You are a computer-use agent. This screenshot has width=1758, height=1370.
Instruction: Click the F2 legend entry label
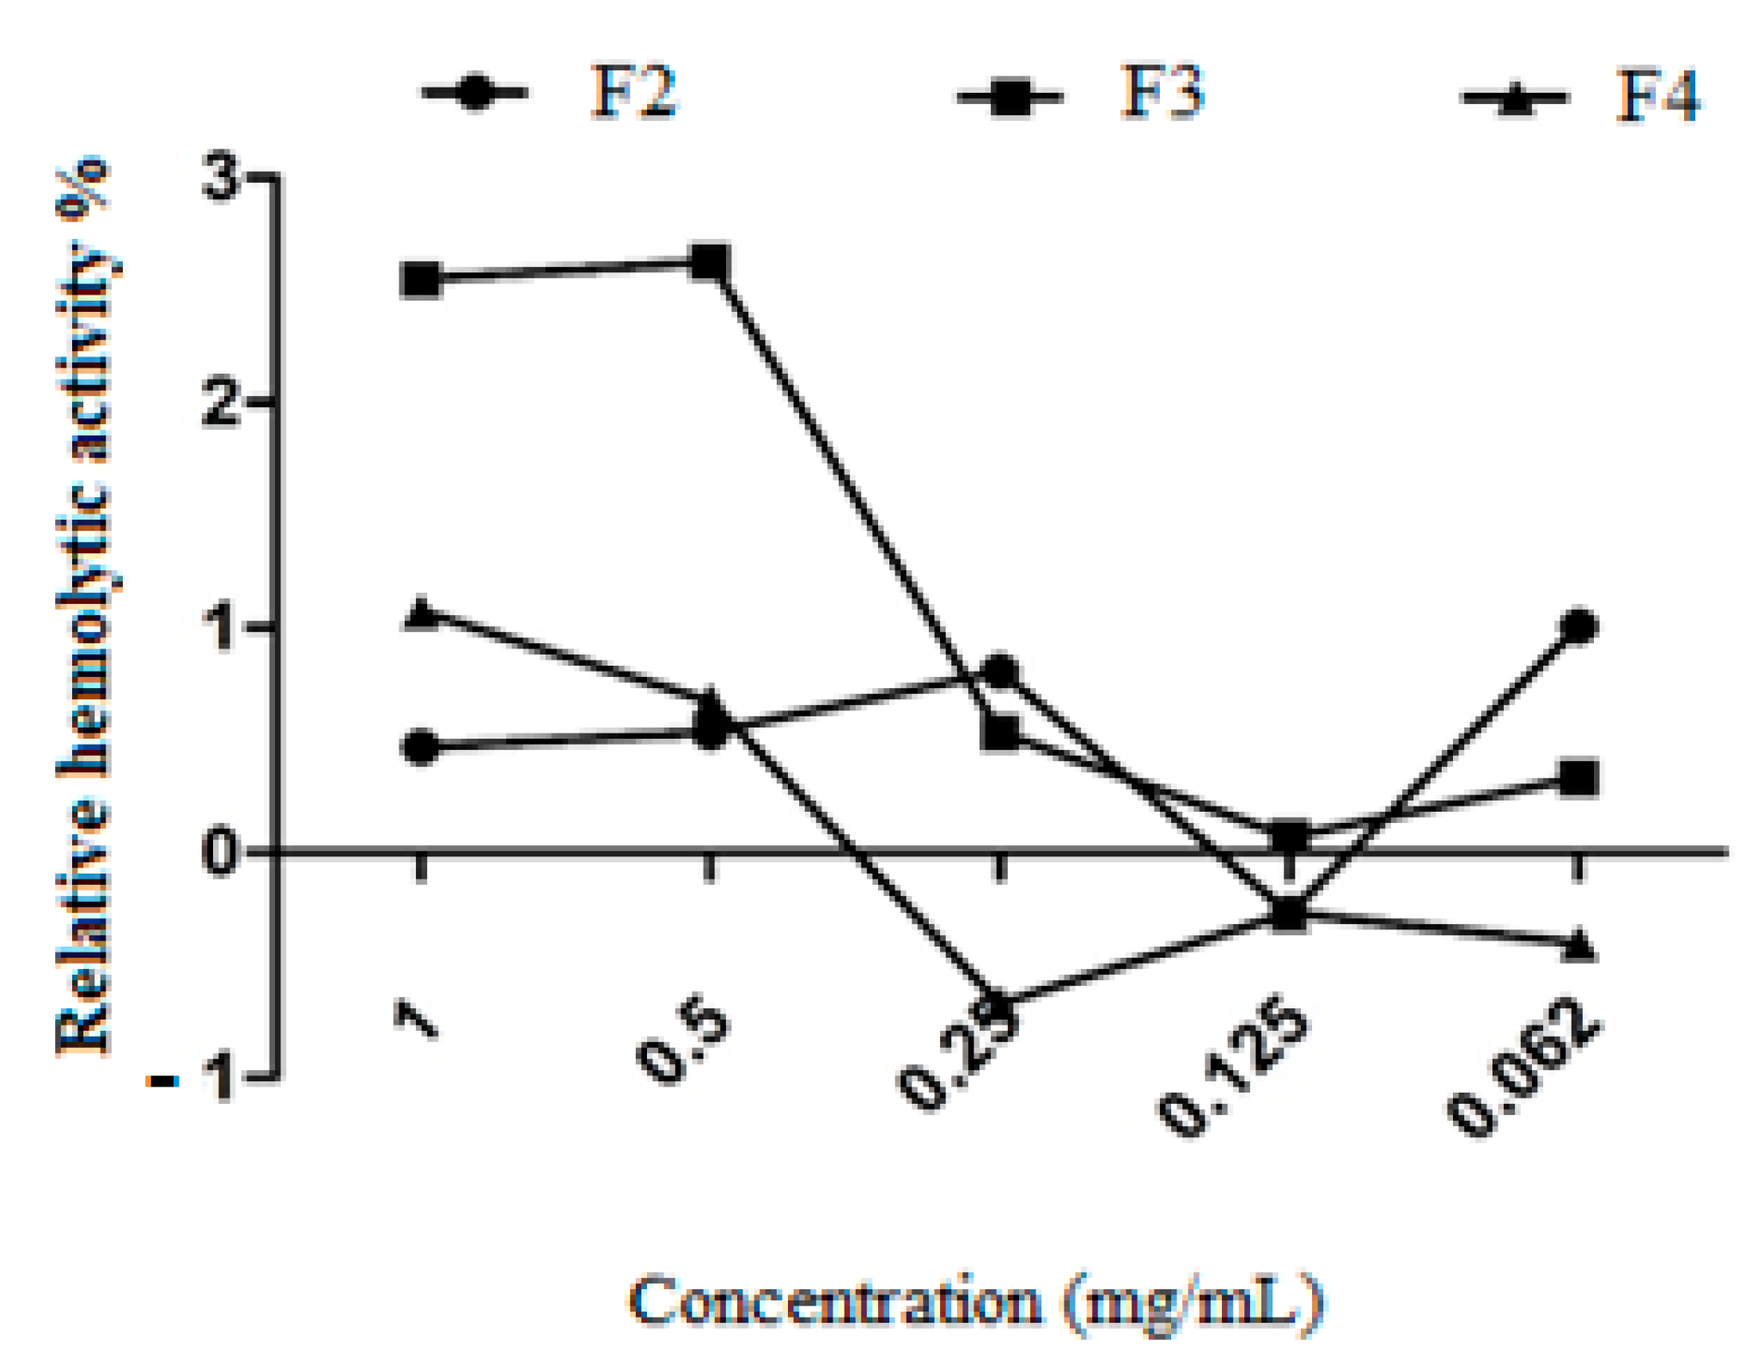634,93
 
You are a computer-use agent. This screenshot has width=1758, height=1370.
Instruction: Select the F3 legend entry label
1163,93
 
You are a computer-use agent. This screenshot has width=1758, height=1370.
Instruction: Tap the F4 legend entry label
1657,96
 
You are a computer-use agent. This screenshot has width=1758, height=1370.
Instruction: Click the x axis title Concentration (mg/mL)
976,1302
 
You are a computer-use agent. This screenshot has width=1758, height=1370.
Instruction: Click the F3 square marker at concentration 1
421,280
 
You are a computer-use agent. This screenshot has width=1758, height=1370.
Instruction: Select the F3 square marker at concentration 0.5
711,263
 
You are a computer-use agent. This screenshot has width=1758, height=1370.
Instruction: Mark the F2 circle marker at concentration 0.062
1579,627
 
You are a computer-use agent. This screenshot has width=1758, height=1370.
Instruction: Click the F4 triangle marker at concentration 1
421,614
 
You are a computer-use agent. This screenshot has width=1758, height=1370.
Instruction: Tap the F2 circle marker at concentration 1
421,747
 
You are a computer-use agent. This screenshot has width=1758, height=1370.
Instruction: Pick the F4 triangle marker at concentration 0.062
1579,947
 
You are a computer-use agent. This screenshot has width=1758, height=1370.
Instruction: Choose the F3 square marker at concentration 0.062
1579,778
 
